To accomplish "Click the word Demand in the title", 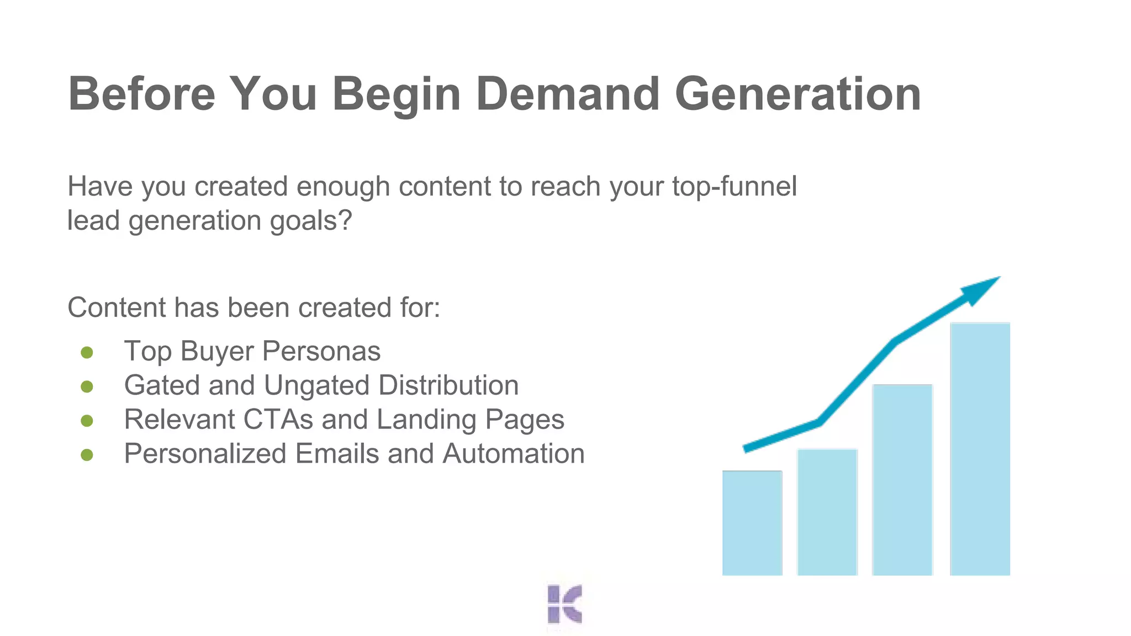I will (567, 94).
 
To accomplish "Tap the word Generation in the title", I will (797, 94).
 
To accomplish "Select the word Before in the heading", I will (141, 94).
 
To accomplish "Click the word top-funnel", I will (734, 187).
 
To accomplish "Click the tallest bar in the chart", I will (980, 448).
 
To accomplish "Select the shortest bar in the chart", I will (752, 522).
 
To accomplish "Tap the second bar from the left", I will (827, 512).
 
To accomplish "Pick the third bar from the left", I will (902, 479).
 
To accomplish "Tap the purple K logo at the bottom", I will (564, 605).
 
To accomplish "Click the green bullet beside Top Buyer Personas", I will (87, 352).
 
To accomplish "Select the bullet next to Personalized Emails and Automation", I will (87, 455).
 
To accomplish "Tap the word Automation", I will (513, 454).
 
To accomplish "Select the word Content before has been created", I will (116, 308).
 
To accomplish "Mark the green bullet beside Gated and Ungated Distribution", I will (87, 386).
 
